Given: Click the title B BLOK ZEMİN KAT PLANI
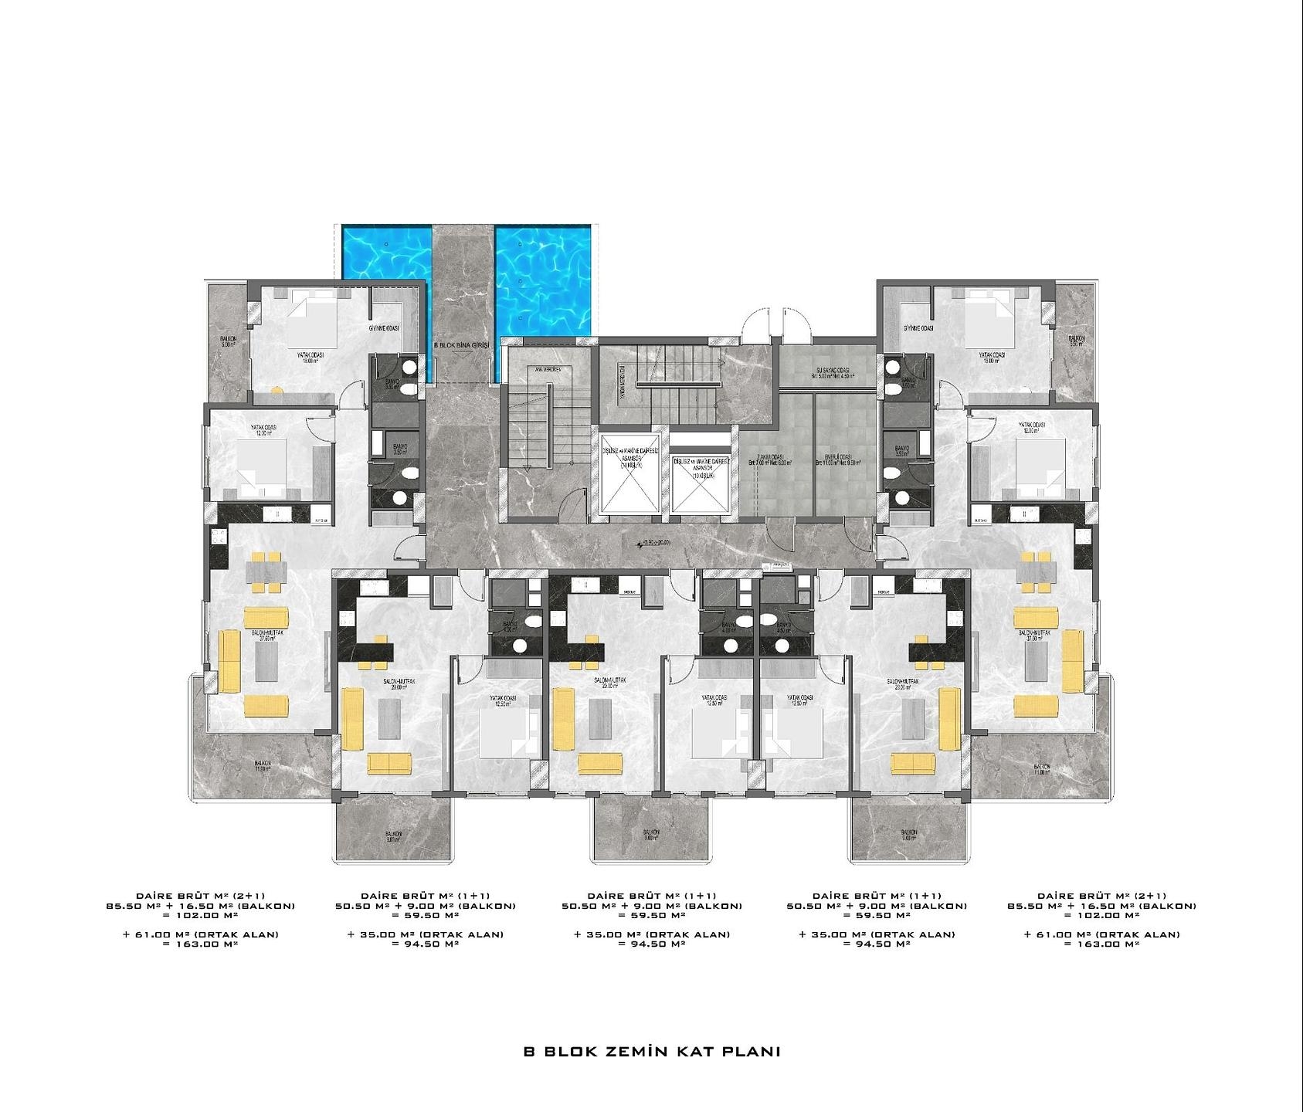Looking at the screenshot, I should click(651, 1052).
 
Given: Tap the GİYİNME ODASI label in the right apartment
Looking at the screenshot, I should click(918, 328).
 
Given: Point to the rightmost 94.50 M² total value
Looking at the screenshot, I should click(876, 944).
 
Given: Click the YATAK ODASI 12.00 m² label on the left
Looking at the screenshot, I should click(263, 429).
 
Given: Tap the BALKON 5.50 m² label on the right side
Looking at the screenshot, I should click(1077, 341).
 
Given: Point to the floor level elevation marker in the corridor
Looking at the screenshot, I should click(653, 544).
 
